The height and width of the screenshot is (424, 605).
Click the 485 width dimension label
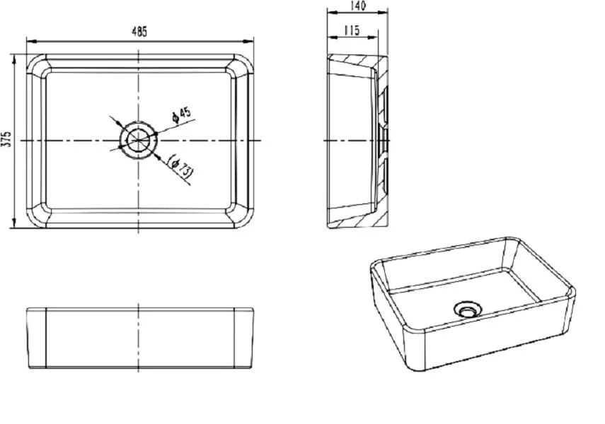[x=139, y=32]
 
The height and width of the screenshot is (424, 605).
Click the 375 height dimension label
[x=6, y=139]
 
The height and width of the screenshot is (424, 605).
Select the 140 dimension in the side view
[x=357, y=6]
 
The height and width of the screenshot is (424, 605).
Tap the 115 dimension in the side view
[x=351, y=30]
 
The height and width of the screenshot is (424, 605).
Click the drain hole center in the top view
[x=138, y=140]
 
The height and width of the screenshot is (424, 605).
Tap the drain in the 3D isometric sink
[x=466, y=307]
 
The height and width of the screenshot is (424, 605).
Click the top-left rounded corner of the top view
[x=34, y=62]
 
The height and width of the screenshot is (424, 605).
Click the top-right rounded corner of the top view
[x=243, y=62]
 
